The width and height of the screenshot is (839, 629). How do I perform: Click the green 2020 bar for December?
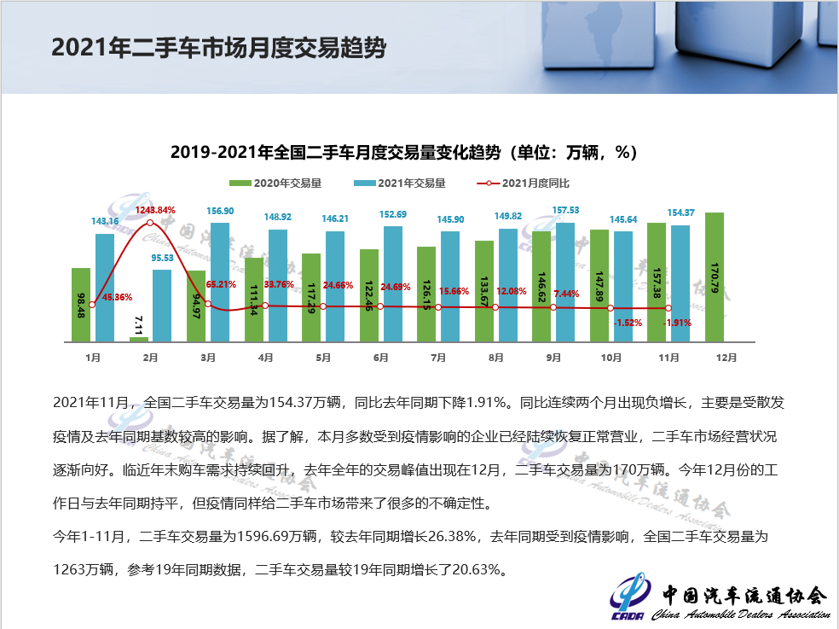coord(715,277)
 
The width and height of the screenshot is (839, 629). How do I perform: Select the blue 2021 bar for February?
coord(162,306)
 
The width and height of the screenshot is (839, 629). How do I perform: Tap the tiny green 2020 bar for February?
coord(139,339)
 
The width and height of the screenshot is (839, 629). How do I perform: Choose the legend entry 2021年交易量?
coord(405,183)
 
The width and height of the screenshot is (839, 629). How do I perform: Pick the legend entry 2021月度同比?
coord(529,183)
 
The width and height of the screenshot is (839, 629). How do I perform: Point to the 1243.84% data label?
coord(154,210)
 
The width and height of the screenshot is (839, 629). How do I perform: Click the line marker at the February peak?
coord(150,223)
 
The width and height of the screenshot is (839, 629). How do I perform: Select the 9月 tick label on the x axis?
coord(553,358)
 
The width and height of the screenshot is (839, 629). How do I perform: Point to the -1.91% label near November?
coord(678,323)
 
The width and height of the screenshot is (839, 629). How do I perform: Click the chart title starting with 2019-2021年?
coord(403,153)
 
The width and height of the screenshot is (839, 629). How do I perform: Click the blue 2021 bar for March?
coord(219,282)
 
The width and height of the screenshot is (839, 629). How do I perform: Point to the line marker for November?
coord(668,308)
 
